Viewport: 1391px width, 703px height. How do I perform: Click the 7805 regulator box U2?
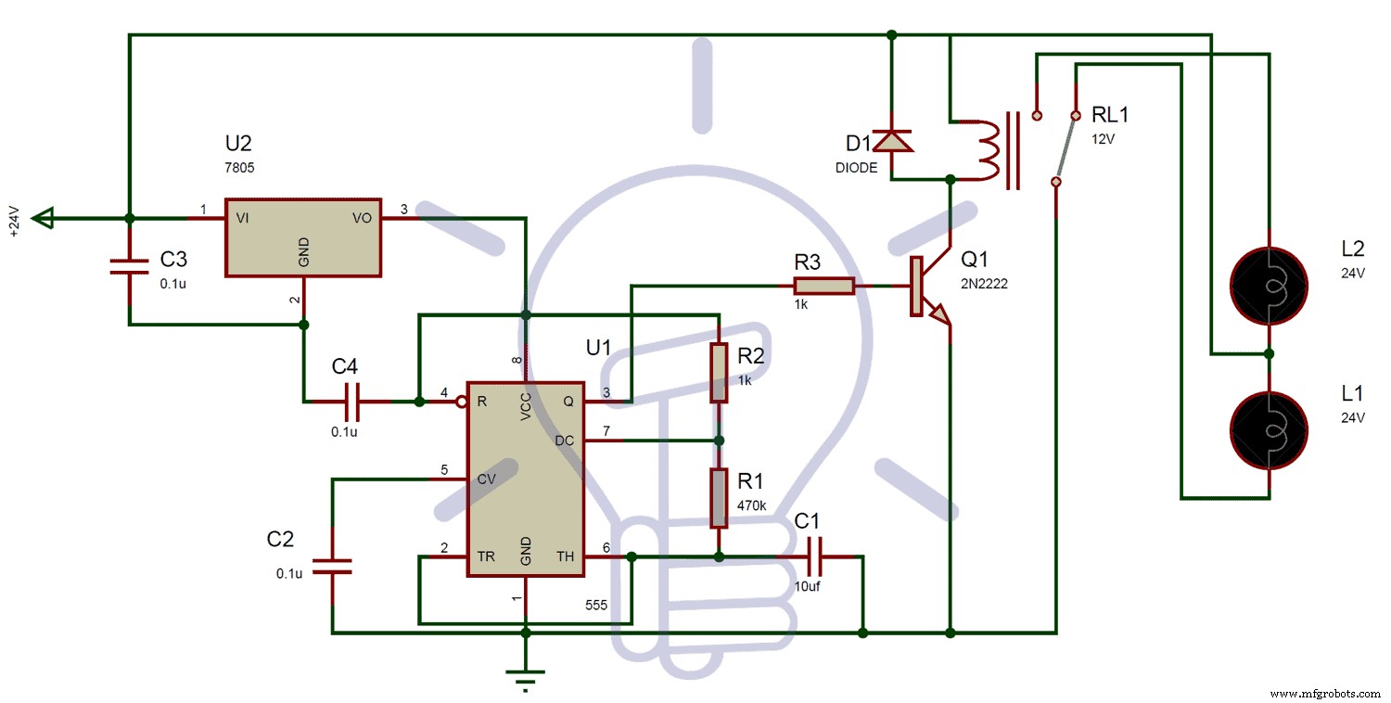[x=303, y=236]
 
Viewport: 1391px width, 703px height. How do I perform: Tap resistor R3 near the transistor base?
[x=823, y=287]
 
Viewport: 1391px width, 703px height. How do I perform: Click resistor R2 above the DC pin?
[x=719, y=373]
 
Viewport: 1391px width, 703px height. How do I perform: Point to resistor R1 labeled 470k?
[x=719, y=498]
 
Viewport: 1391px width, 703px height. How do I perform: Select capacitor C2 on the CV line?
[x=332, y=566]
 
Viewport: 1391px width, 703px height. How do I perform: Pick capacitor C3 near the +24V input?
[x=130, y=267]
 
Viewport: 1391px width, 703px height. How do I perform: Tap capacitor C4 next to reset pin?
[x=353, y=402]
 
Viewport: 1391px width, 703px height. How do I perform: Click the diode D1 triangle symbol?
[x=892, y=141]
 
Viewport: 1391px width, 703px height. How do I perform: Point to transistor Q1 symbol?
[x=927, y=288]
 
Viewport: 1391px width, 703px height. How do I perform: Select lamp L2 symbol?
[x=1268, y=284]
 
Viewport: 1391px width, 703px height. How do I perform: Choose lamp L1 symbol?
[x=1268, y=428]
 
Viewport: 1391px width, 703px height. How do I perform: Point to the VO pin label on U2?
[x=361, y=218]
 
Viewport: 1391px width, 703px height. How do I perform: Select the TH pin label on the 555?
[x=565, y=556]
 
